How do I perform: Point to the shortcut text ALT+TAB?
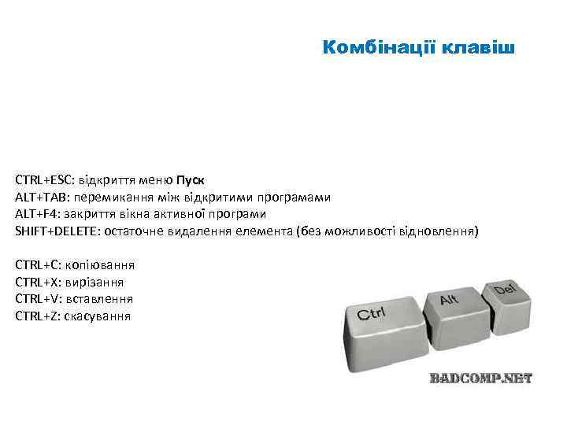point(40,197)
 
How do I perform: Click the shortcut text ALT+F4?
point(36,214)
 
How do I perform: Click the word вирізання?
point(96,282)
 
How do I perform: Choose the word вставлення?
point(100,299)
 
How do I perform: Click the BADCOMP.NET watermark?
point(480,378)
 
